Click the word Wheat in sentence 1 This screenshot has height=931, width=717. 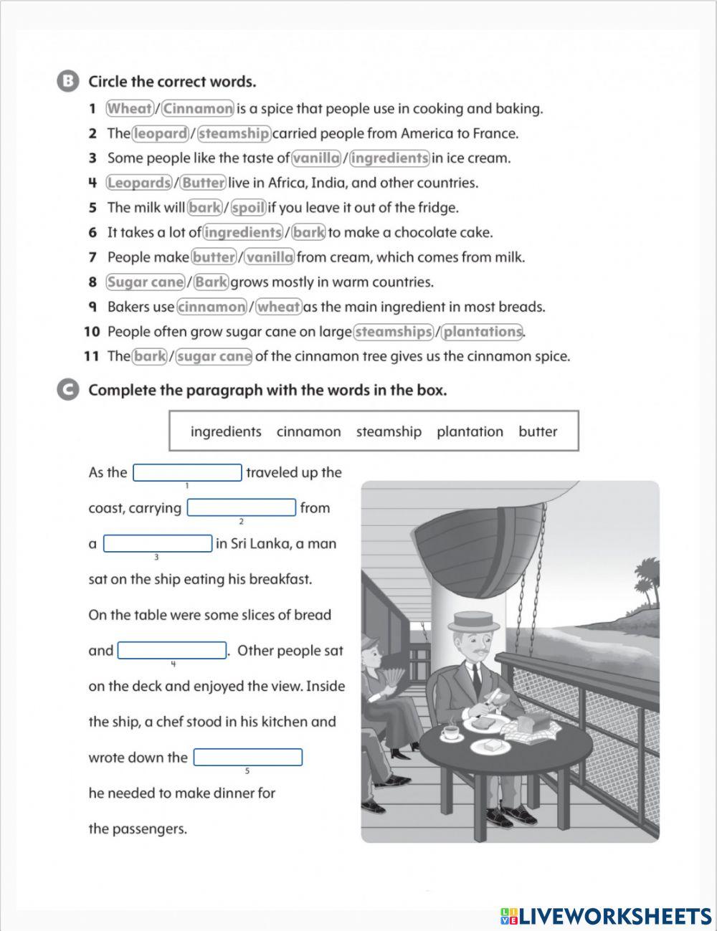click(x=130, y=109)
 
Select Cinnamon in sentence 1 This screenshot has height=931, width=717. click(x=198, y=109)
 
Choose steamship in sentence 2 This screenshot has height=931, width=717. click(x=234, y=133)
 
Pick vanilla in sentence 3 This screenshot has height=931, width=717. click(x=316, y=158)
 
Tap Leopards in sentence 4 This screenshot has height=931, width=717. click(x=139, y=183)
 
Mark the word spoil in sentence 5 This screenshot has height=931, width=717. click(x=249, y=208)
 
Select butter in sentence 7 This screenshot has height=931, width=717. click(x=214, y=257)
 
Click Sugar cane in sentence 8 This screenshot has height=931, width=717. click(x=146, y=282)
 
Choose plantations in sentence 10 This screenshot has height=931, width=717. click(x=482, y=332)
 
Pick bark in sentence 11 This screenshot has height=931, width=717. click(x=150, y=356)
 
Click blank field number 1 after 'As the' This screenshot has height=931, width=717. click(x=188, y=473)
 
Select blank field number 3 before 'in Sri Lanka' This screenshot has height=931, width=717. click(x=158, y=544)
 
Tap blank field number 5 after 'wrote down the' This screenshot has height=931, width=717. click(x=248, y=758)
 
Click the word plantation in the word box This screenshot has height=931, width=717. click(x=470, y=431)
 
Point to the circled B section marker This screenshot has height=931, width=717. click(x=67, y=81)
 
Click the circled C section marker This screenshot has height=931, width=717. click(x=67, y=390)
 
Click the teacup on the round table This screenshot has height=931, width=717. click(x=450, y=732)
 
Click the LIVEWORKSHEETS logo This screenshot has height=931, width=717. click(x=606, y=915)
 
